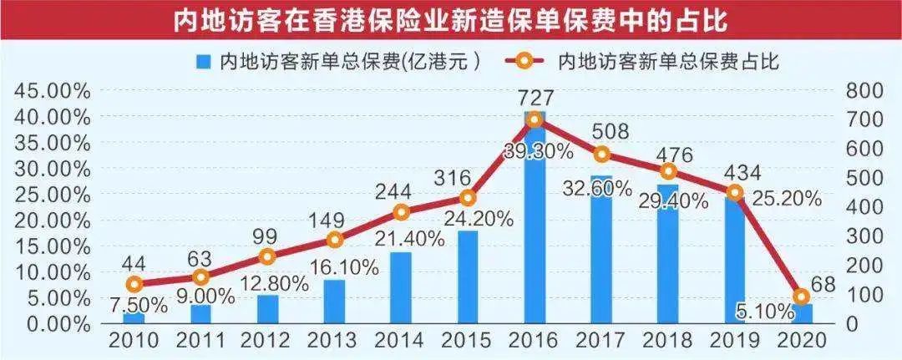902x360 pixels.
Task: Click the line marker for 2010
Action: (134, 284)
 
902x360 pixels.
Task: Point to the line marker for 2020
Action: (802, 297)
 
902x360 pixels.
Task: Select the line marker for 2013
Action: (334, 240)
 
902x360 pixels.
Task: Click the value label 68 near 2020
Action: (824, 284)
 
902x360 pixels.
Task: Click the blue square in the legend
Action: (203, 61)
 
